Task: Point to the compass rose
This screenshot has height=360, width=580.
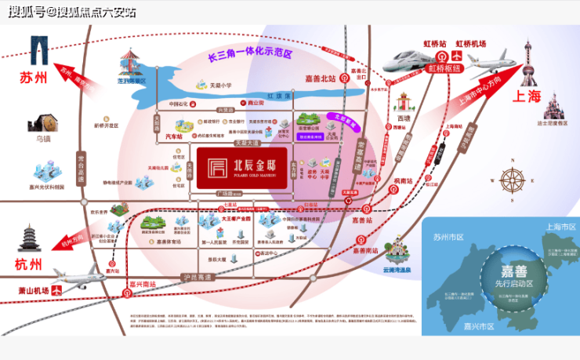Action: tap(513, 179)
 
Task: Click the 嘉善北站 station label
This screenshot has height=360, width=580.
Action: tap(321, 78)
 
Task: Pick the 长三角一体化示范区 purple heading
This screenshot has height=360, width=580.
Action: tap(249, 56)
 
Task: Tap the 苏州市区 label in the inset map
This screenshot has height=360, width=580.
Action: tap(450, 235)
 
